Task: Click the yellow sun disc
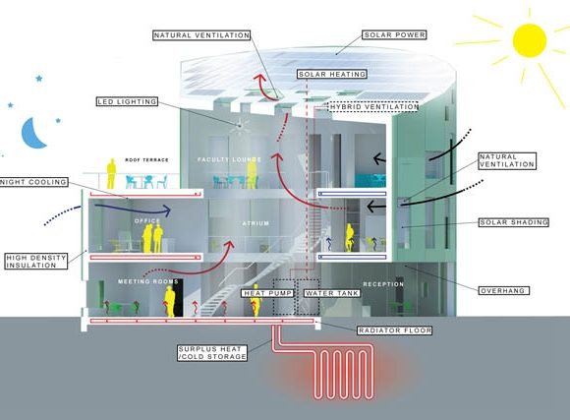[530, 40]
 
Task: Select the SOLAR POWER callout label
[394, 35]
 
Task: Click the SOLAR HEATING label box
[332, 74]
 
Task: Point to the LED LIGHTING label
[127, 101]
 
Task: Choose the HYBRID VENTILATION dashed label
[373, 106]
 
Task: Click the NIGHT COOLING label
[33, 182]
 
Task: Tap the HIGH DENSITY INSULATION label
[36, 262]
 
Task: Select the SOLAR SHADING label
[514, 222]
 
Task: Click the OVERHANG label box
[503, 291]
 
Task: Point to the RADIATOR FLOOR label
[395, 330]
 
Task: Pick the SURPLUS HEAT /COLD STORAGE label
[212, 353]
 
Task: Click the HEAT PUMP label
[268, 293]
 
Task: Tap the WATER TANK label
[332, 293]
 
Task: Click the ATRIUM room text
[256, 223]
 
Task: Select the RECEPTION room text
[383, 284]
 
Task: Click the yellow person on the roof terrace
[111, 174]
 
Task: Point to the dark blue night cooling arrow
[133, 208]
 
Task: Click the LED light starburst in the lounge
[240, 126]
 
